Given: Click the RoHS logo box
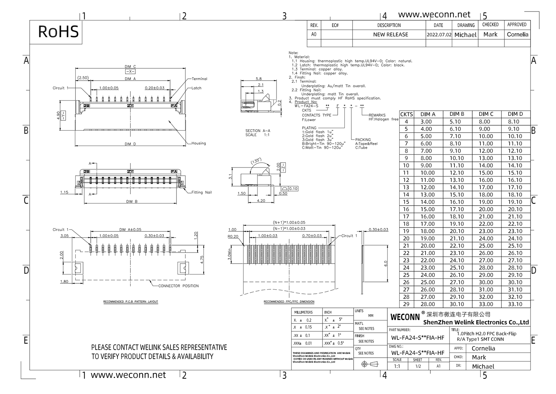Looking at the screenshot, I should (x=58, y=32).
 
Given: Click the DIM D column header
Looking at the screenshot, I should (x=515, y=114).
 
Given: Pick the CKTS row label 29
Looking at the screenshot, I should (x=406, y=304).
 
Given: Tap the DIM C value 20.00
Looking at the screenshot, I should (x=486, y=209).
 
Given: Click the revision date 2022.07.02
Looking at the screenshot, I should (x=439, y=35).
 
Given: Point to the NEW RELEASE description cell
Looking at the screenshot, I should (x=390, y=35).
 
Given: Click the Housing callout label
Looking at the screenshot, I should (x=199, y=143).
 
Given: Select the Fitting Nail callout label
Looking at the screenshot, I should (x=202, y=192).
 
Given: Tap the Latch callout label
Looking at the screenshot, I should (x=196, y=88).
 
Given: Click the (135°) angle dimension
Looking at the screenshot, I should (x=256, y=162).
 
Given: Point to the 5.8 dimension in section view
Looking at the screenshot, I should (x=258, y=79).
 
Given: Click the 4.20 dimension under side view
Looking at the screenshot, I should (x=261, y=201).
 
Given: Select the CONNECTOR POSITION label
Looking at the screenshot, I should (x=178, y=286).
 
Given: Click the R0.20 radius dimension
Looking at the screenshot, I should (x=233, y=237).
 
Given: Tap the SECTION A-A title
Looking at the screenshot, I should (x=258, y=131).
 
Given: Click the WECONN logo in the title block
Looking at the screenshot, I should (x=405, y=317).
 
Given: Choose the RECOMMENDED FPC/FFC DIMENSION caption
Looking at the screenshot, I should (x=289, y=302).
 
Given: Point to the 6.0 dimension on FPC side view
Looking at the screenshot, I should (x=385, y=263).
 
